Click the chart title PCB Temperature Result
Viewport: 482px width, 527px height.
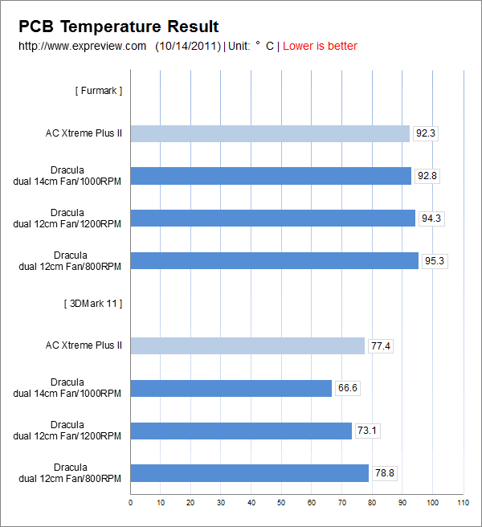tap(119, 27)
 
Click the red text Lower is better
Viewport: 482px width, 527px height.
tap(320, 46)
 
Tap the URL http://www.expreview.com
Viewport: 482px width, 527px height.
tap(82, 46)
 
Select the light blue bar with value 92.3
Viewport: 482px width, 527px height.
tap(270, 133)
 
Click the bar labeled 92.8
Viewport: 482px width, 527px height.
tap(271, 175)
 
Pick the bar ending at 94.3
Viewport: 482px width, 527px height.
tap(273, 218)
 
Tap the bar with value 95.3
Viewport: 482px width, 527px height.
tap(275, 260)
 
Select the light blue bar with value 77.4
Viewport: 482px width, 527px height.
tap(247, 345)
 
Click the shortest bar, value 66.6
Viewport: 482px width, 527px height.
tap(231, 388)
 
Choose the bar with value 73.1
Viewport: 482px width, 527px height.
tap(241, 431)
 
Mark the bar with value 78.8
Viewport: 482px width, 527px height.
tap(250, 473)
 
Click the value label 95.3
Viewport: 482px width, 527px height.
tap(435, 260)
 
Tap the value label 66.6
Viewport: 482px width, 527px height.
tap(348, 388)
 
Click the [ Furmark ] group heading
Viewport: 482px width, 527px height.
tap(99, 91)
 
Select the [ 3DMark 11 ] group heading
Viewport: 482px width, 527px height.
tap(92, 304)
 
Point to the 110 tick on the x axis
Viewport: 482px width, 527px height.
tap(462, 503)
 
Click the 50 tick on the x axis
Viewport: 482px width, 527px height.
tap(281, 503)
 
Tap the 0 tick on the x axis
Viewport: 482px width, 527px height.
tap(130, 503)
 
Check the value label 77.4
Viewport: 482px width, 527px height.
tap(381, 345)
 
